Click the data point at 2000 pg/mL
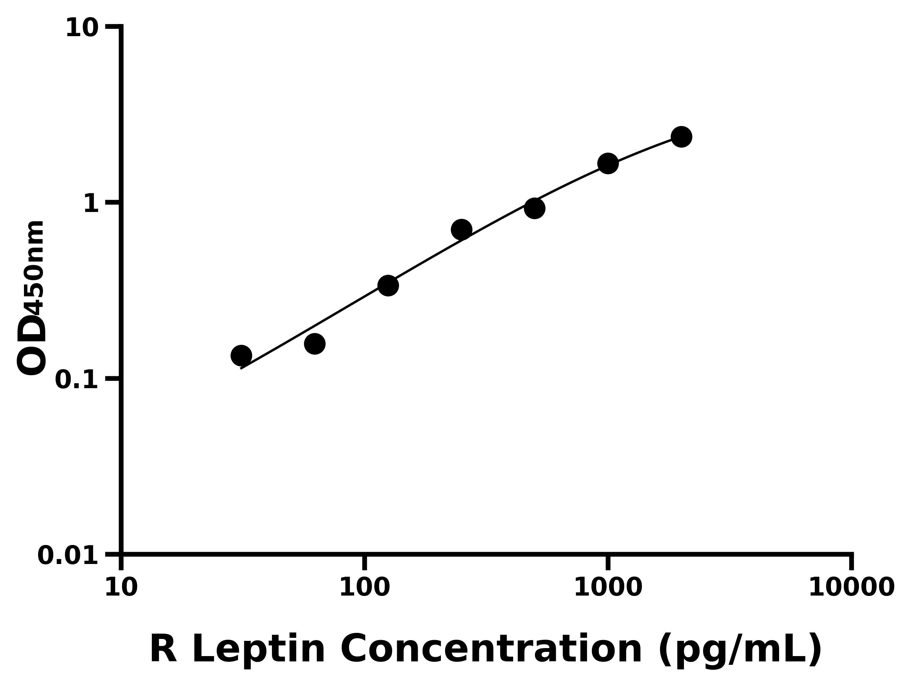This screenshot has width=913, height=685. click(681, 137)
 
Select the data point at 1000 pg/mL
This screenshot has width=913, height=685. click(608, 164)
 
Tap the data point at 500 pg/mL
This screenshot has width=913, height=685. click(534, 208)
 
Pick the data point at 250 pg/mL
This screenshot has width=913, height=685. click(461, 229)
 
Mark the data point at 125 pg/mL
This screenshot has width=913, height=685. click(388, 285)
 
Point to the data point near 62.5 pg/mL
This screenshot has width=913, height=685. click(315, 344)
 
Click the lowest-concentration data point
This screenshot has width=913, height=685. click(241, 355)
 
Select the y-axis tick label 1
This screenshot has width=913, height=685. click(91, 204)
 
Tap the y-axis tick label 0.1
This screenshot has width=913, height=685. click(77, 380)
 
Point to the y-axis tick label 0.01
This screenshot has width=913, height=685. click(68, 556)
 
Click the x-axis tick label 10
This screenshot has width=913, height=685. click(121, 588)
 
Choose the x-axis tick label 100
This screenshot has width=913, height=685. click(364, 588)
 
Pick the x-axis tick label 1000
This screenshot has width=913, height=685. click(608, 588)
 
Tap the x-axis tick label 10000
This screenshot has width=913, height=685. click(851, 588)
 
